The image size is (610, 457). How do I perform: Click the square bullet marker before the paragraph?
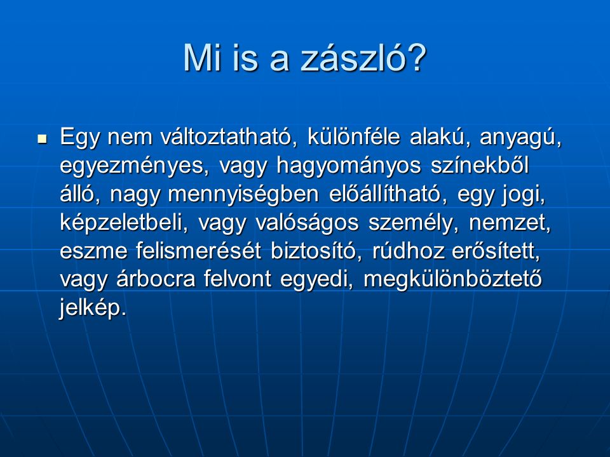[42, 138]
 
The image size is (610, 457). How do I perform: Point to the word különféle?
[354, 137]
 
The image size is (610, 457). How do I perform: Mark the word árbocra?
[156, 279]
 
